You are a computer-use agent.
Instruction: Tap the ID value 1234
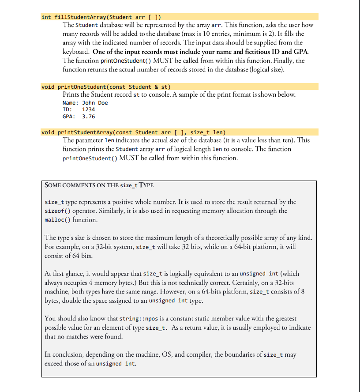point(89,109)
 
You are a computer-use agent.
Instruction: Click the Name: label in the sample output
point(71,103)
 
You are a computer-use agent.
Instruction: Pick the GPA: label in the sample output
point(69,117)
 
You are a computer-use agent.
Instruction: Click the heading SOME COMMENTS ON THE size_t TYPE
point(99,185)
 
